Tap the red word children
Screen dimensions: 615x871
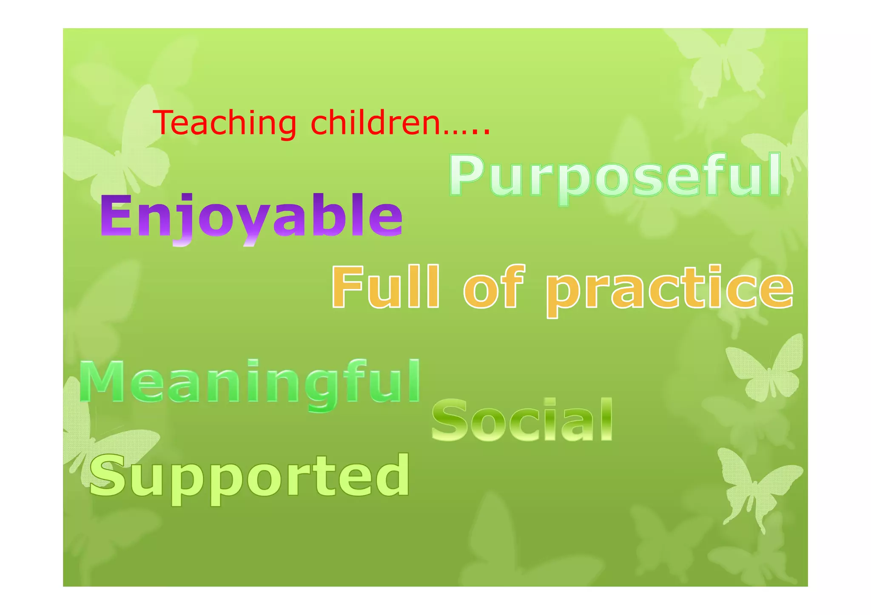tap(376, 123)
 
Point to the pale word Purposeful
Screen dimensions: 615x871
tap(615, 176)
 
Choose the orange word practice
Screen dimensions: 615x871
tap(669, 289)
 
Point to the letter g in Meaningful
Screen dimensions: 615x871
tap(324, 388)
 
